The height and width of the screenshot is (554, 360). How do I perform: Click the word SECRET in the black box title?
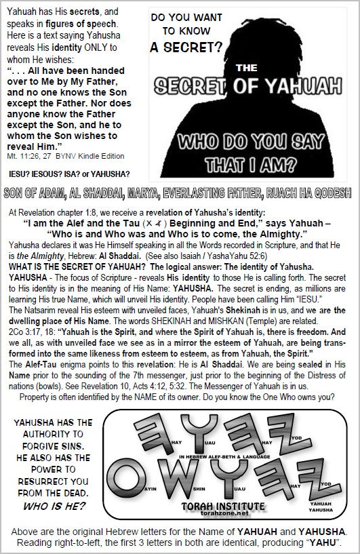(x=193, y=85)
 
